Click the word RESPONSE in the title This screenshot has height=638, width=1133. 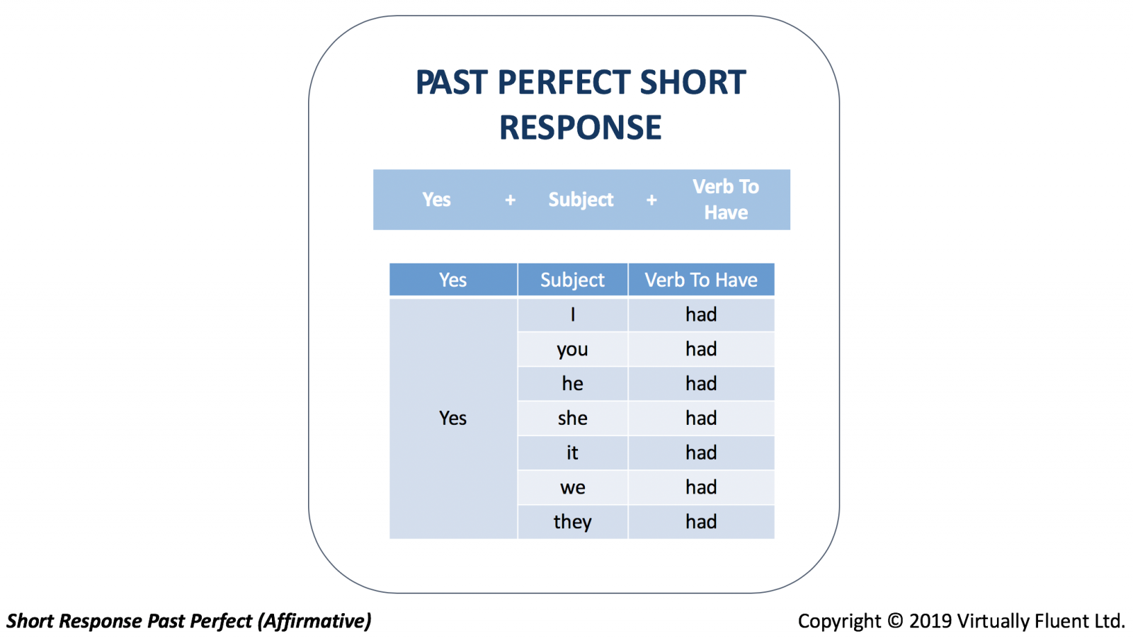coord(580,127)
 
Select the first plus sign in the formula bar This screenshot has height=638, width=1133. coord(511,200)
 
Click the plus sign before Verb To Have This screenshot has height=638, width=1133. coord(651,200)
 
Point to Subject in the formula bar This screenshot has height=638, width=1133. coord(581,200)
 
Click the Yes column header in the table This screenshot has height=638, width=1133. coord(453,279)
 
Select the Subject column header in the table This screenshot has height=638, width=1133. coord(573,279)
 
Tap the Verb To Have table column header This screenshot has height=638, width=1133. coord(701,279)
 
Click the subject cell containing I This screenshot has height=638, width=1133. coord(573,314)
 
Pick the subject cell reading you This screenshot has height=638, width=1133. coord(573,349)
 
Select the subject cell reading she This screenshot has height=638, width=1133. coord(573,418)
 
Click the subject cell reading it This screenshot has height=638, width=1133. coord(573,452)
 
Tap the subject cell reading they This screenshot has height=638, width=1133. coord(573,522)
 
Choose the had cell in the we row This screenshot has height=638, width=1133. coord(701,487)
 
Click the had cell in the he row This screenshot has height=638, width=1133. coord(701,384)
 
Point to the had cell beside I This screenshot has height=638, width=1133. coord(701,314)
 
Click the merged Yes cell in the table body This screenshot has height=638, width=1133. coord(453,418)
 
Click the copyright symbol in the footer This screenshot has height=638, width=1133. coord(895,621)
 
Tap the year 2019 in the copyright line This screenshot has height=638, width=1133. coord(930,621)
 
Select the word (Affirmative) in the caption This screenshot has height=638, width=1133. coord(314,621)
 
